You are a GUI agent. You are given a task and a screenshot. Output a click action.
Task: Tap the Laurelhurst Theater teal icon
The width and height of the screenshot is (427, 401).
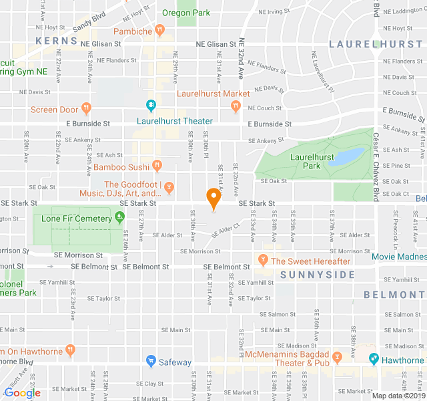tap(151, 106)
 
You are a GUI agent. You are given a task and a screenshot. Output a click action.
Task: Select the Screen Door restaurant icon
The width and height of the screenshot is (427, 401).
tap(86, 108)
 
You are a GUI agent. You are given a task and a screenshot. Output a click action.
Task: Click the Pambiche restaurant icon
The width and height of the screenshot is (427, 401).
tap(159, 29)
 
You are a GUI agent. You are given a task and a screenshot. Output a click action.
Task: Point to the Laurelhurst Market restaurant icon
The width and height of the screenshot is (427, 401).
tap(235, 106)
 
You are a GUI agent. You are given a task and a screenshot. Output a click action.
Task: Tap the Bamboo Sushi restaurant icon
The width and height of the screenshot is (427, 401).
tap(157, 165)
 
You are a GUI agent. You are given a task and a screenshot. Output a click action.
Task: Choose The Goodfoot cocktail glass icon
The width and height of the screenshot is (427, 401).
tap(169, 185)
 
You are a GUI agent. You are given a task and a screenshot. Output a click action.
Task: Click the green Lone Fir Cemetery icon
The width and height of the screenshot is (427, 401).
tap(119, 217)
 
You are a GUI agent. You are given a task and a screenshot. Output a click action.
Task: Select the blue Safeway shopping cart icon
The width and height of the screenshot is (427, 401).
tap(151, 362)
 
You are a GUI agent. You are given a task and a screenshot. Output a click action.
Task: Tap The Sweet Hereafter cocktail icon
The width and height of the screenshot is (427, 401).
tap(263, 259)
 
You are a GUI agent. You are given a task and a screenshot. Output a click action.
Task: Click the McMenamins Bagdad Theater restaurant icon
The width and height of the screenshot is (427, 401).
tap(338, 358)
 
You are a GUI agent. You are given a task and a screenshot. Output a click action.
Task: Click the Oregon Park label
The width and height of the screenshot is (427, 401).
tap(186, 13)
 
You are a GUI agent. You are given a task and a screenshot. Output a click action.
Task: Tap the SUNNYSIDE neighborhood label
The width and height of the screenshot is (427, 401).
tap(308, 275)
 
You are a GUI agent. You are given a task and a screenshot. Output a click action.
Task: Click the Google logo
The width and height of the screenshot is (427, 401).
tap(22, 393)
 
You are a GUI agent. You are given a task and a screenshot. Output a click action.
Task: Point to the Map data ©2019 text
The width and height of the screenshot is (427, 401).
tap(398, 396)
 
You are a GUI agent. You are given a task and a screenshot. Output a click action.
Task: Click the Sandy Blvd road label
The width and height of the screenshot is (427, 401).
tap(89, 25)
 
